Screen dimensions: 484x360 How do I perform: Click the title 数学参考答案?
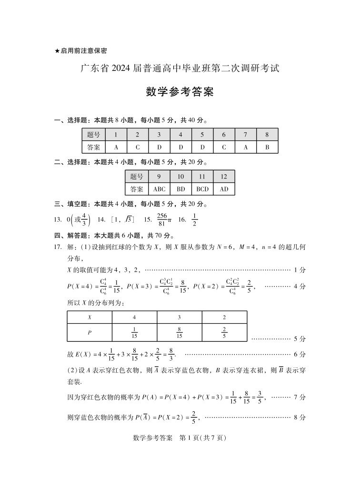[180, 92]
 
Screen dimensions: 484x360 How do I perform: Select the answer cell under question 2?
[137, 147]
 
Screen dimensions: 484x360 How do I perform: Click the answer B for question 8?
[267, 147]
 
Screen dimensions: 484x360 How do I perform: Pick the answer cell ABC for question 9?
[159, 189]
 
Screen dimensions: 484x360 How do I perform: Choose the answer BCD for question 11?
[202, 189]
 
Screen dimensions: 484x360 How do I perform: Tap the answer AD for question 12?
[224, 189]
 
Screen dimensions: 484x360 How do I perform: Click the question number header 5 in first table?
[202, 135]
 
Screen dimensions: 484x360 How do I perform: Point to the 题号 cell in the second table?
[137, 177]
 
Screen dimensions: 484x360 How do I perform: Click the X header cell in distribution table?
[90, 317]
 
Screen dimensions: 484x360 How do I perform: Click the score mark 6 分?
[300, 354]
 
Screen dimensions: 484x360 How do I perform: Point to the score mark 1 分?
[300, 270]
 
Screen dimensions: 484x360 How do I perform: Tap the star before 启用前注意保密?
[57, 50]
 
